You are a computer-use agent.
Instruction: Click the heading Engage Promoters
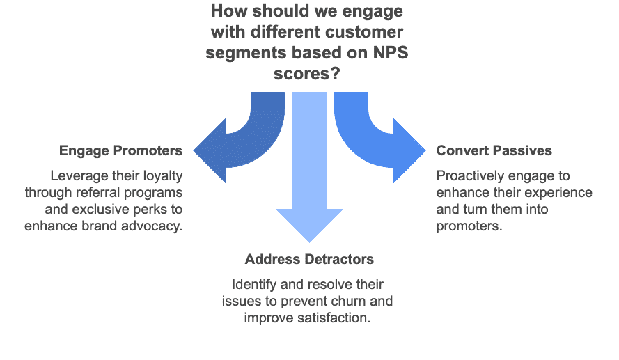coord(120,151)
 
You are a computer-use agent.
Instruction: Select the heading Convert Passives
coord(494,151)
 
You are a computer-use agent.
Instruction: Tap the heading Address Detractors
coord(309,259)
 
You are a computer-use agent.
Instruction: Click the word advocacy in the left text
coord(155,226)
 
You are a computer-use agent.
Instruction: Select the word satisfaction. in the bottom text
coord(334,318)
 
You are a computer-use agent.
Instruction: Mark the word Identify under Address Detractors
coord(253,284)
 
